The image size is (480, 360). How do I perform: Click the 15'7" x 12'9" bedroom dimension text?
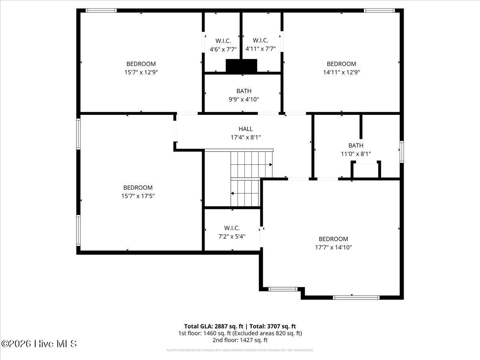tap(141, 72)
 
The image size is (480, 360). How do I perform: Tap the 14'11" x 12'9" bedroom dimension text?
tap(341, 72)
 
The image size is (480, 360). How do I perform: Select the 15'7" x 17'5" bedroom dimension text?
tap(138, 196)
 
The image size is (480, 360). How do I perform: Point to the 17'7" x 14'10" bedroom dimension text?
tap(333, 248)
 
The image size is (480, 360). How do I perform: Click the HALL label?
tap(246, 129)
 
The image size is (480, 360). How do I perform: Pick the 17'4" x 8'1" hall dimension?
tap(246, 138)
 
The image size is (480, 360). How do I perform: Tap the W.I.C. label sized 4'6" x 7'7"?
tap(223, 41)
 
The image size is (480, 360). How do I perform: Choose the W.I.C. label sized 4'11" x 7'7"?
tap(260, 40)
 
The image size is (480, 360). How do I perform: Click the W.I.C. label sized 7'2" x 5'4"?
tap(232, 228)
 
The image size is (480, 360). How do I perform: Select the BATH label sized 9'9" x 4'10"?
tap(244, 91)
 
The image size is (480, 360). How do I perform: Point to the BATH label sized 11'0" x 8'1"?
tap(356, 145)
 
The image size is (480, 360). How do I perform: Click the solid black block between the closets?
tap(242, 66)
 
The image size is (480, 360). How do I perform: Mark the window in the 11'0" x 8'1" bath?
tap(402, 152)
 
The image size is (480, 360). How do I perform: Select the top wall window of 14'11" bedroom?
tap(379, 10)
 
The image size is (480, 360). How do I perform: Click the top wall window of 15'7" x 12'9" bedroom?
tap(101, 10)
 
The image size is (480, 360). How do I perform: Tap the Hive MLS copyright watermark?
tap(39, 344)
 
